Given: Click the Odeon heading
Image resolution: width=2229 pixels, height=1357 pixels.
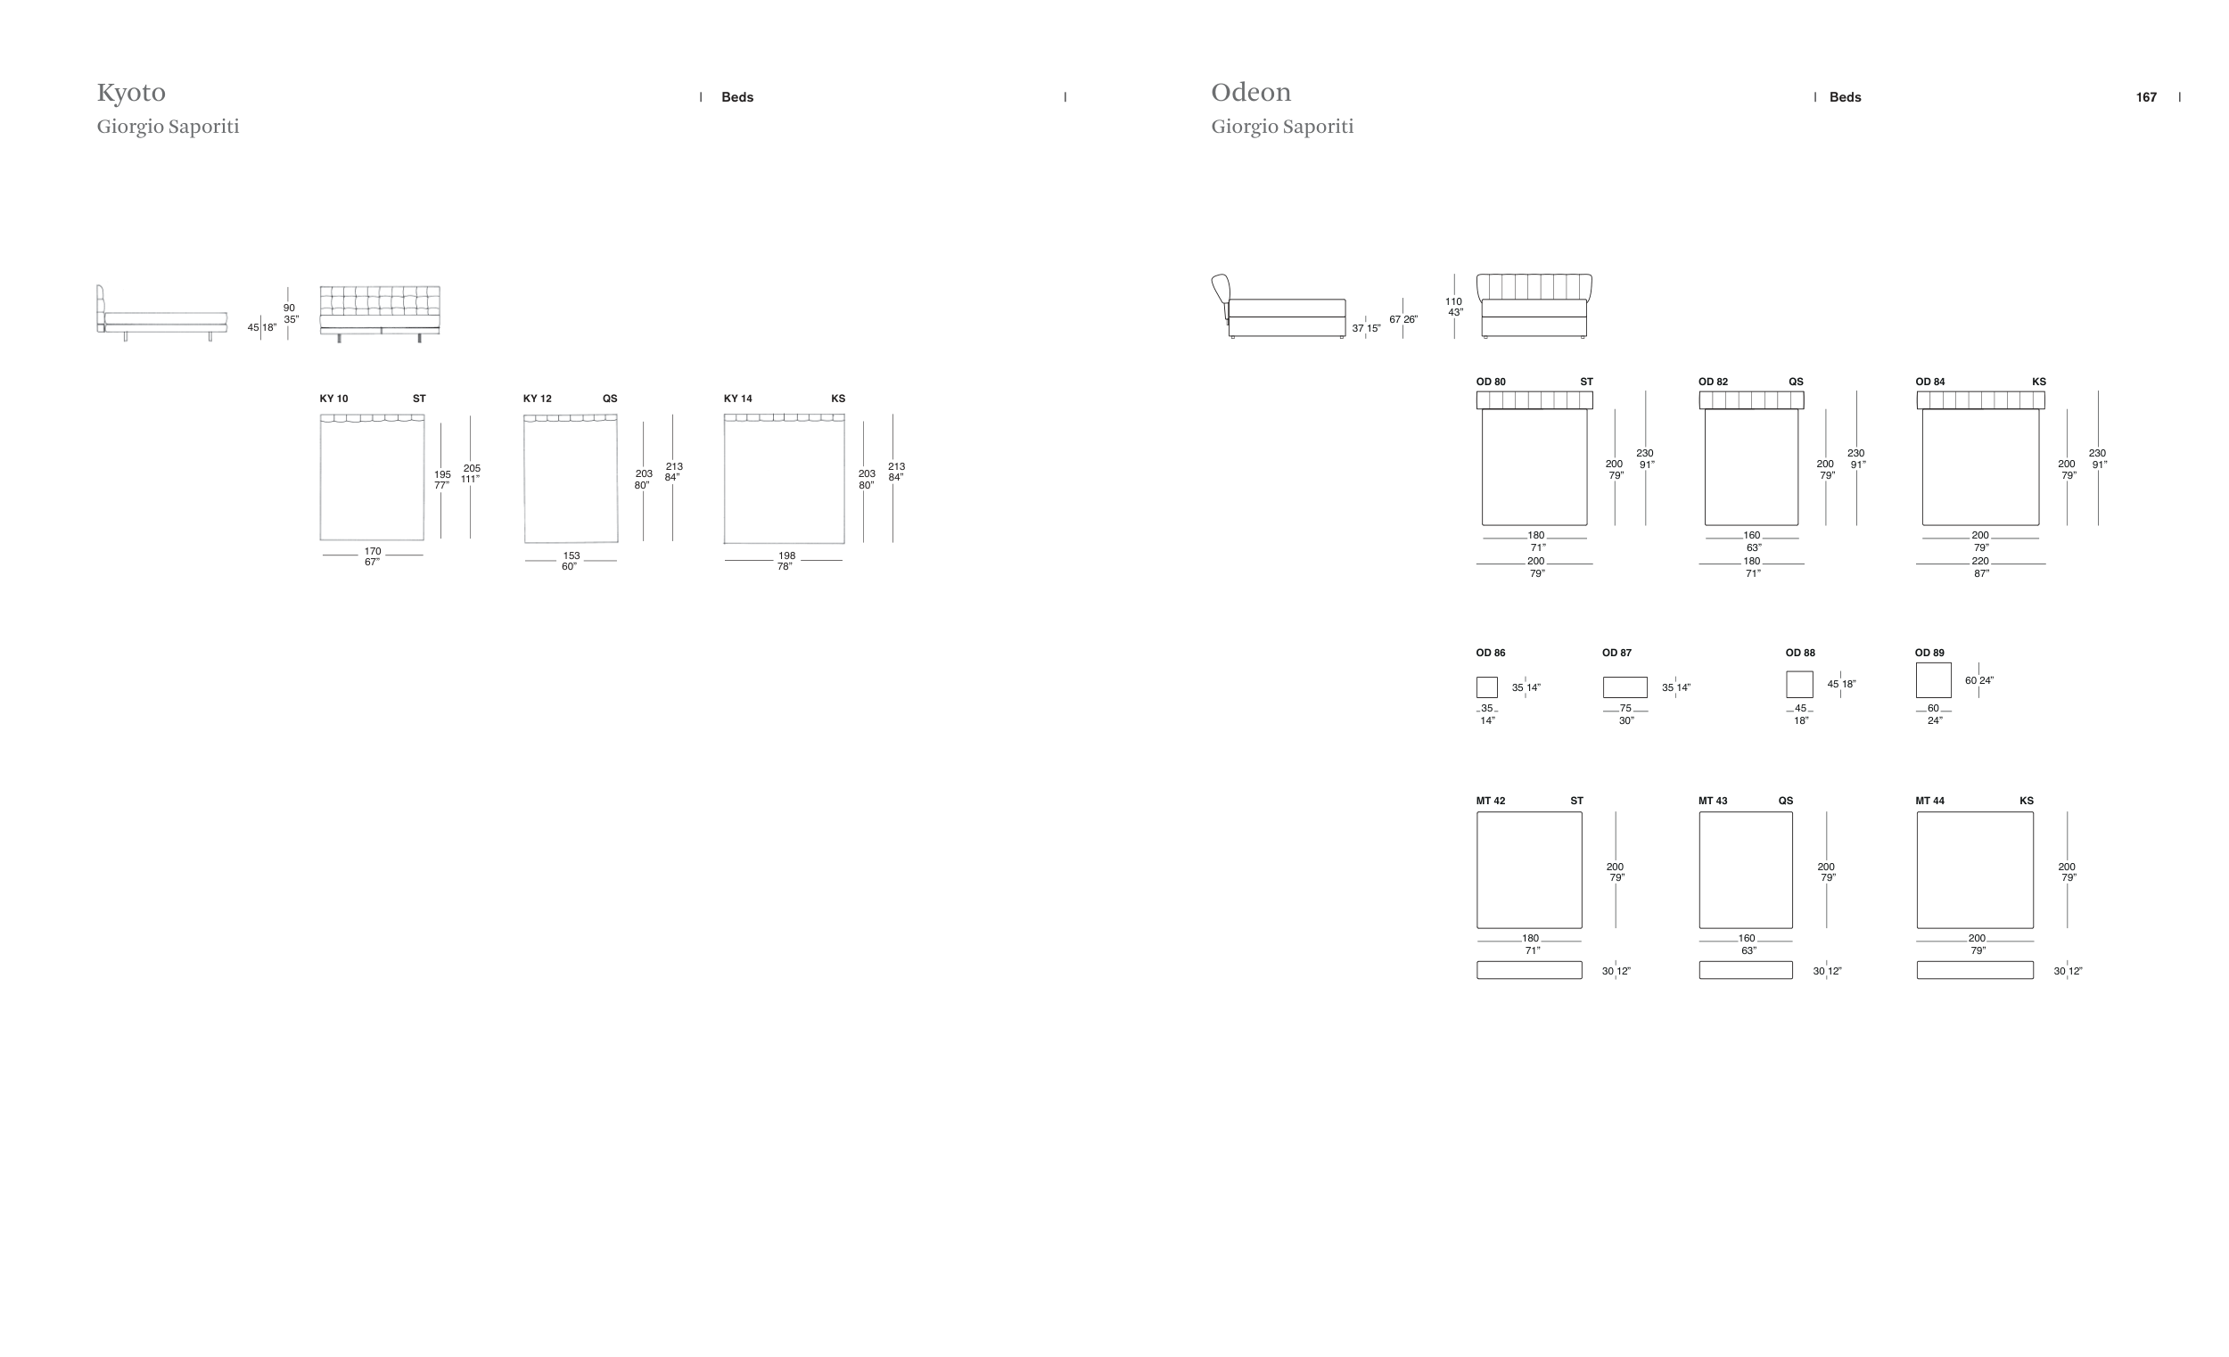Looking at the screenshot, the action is coord(1251,92).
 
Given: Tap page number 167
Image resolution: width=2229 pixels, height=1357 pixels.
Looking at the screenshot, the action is coord(2146,98).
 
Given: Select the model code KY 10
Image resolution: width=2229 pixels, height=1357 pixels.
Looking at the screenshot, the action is coord(333,399).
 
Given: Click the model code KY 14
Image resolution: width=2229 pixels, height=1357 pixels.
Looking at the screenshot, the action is coord(738,399).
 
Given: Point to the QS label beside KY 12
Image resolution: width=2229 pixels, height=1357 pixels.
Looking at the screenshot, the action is coord(611,399).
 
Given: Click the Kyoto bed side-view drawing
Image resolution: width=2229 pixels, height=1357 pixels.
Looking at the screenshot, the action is coord(162,313).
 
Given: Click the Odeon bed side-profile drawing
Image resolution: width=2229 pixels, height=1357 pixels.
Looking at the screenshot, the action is coord(1279,307).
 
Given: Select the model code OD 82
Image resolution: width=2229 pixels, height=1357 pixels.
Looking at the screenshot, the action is coord(1714,382).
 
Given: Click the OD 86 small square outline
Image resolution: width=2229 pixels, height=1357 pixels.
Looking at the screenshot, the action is coord(1487,687).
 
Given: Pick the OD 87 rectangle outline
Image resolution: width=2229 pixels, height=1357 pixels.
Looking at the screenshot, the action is coord(1625,687).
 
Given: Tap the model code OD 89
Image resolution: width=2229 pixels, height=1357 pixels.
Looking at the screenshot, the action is coord(1929,654).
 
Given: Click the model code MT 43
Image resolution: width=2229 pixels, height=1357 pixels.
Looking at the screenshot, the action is coord(1714,802).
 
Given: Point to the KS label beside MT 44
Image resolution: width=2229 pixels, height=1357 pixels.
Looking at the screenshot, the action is coord(2027,802).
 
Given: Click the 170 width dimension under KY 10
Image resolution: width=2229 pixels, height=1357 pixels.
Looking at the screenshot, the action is coord(373,552).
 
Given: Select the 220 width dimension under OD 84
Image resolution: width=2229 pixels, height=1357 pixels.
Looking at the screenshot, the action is coord(1980,562).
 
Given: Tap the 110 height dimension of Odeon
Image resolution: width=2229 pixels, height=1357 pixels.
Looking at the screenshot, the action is coord(1453,302).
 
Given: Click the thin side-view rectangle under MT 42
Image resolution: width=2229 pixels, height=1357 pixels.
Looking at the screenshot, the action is coord(1530,970).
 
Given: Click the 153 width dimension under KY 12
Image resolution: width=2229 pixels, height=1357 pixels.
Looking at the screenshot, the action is coord(572,556).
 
